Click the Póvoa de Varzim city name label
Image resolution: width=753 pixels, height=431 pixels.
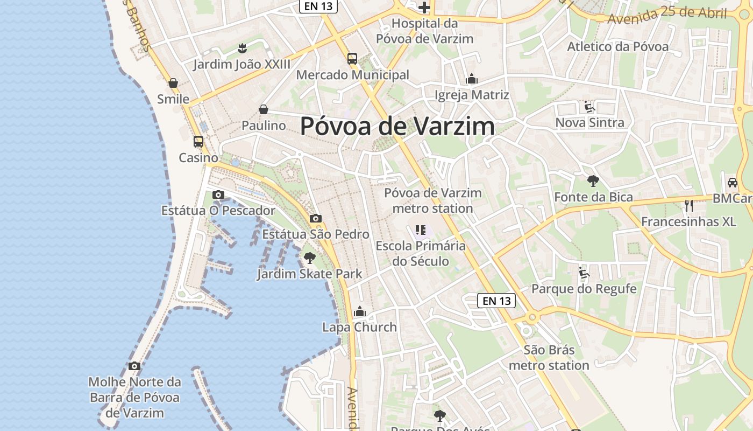pos(397,126)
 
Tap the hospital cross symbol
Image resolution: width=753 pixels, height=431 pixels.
pos(424,8)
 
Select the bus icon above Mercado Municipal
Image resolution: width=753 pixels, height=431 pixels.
pos(352,59)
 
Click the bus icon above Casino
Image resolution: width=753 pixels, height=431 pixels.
pos(198,142)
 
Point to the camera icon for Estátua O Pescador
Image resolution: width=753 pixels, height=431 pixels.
pos(218,194)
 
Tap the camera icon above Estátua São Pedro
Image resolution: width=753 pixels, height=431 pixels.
pos(316,218)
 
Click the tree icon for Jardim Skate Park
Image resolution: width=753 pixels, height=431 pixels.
pos(309,258)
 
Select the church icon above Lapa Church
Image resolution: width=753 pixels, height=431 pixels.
pos(360,311)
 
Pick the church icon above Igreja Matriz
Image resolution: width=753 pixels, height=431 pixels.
pos(472,79)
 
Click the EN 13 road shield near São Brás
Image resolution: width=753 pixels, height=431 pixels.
pos(496,301)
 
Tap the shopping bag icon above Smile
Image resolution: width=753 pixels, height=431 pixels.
pos(173,83)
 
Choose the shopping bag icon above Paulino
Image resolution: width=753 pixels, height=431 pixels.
pos(264,109)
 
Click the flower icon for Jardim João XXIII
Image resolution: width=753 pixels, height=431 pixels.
pos(242,48)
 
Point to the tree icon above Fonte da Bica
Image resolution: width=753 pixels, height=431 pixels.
pos(593,181)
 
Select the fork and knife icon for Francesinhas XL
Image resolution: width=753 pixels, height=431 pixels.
pos(689,205)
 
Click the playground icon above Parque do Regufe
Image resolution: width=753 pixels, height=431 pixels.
pos(584,273)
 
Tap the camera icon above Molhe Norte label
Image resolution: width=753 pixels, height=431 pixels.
pos(134,366)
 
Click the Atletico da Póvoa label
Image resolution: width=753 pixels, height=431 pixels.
pos(618,46)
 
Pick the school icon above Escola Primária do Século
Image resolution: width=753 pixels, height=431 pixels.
pos(421,230)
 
